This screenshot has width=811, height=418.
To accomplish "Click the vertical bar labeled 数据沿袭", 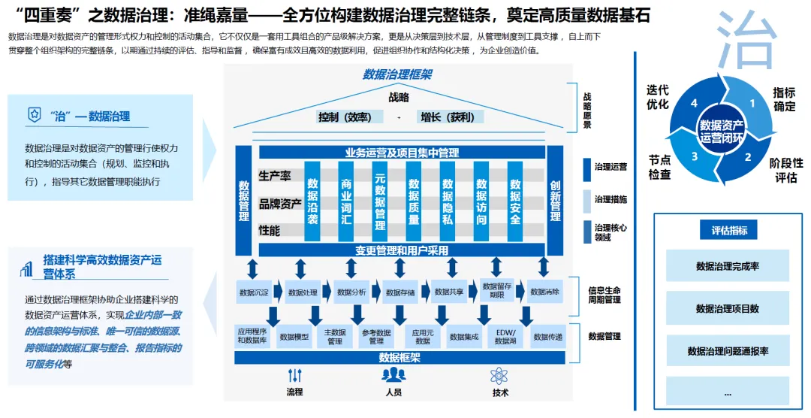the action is pos(312,201).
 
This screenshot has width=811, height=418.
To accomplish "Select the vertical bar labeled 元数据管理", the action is pos(380,201).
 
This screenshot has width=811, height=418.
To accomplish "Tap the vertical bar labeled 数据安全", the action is pos(515,201).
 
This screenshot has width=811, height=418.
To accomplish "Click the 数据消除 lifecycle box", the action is pos(544,292).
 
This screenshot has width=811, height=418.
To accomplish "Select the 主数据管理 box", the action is pos(335,336).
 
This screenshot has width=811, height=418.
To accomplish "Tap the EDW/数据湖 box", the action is pos(505,336).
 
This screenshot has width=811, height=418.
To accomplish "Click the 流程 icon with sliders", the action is pos(294,375).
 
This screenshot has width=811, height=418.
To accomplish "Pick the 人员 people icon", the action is pos(393,375).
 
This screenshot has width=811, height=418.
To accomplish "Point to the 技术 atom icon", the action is pos(499,375).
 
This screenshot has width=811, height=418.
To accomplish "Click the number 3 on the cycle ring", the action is pos(695,156).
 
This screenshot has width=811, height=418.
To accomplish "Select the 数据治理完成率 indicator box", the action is pos(727,266).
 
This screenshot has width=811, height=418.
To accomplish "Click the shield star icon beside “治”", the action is pos(34,115).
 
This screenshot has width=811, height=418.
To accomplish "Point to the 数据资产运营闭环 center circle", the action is pos(722,132).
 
